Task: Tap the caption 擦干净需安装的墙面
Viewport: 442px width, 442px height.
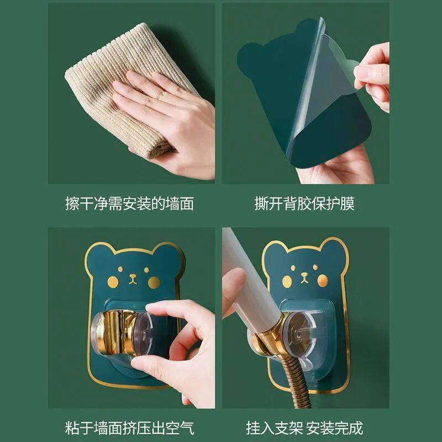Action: point(129,203)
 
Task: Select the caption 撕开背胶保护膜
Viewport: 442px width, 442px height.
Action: point(304,203)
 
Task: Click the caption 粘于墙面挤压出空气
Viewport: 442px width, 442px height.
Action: point(129,428)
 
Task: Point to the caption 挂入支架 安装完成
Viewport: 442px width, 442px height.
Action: point(304,428)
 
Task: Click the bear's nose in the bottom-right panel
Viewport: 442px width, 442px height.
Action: point(304,277)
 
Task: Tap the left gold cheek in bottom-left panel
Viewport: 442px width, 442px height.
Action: point(113,282)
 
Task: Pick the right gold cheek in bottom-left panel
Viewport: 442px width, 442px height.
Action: point(154,282)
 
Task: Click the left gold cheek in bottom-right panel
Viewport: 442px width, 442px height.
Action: point(287,281)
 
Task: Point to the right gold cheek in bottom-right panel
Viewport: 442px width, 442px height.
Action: point(323,281)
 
